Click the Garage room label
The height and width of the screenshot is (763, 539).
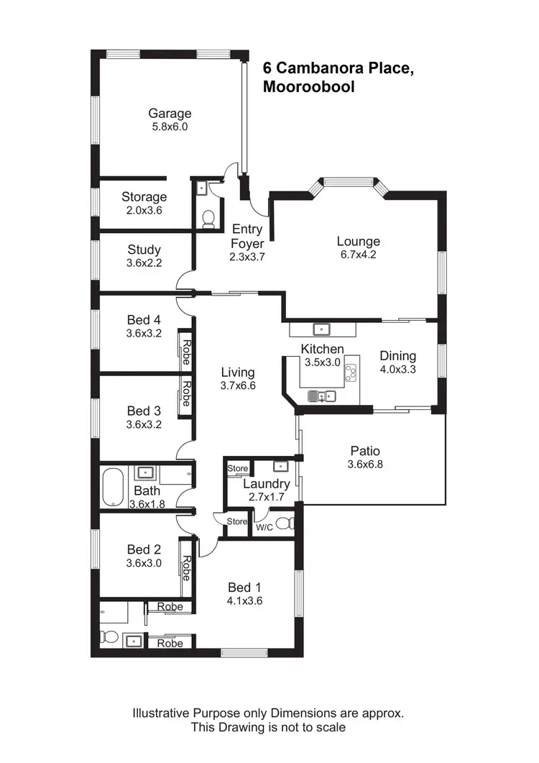[x=170, y=113]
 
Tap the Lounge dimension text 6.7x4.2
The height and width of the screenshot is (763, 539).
[x=358, y=255]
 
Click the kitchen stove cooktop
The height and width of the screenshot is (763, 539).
[x=351, y=373]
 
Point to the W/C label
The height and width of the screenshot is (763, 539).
[x=264, y=527]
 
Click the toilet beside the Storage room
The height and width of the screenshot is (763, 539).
[x=208, y=218]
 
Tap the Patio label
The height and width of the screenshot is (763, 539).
[x=365, y=451]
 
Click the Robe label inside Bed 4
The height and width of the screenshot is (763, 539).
[x=186, y=353]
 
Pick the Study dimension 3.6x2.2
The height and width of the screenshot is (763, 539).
[x=144, y=262]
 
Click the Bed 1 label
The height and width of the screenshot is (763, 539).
[x=240, y=587]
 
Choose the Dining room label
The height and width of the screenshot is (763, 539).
[x=397, y=355]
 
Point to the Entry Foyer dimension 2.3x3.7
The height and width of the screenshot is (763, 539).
[x=247, y=256]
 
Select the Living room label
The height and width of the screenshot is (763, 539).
[x=237, y=372]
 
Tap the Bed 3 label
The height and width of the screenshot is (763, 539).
[x=144, y=411]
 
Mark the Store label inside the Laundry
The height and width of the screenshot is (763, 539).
[x=237, y=469]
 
